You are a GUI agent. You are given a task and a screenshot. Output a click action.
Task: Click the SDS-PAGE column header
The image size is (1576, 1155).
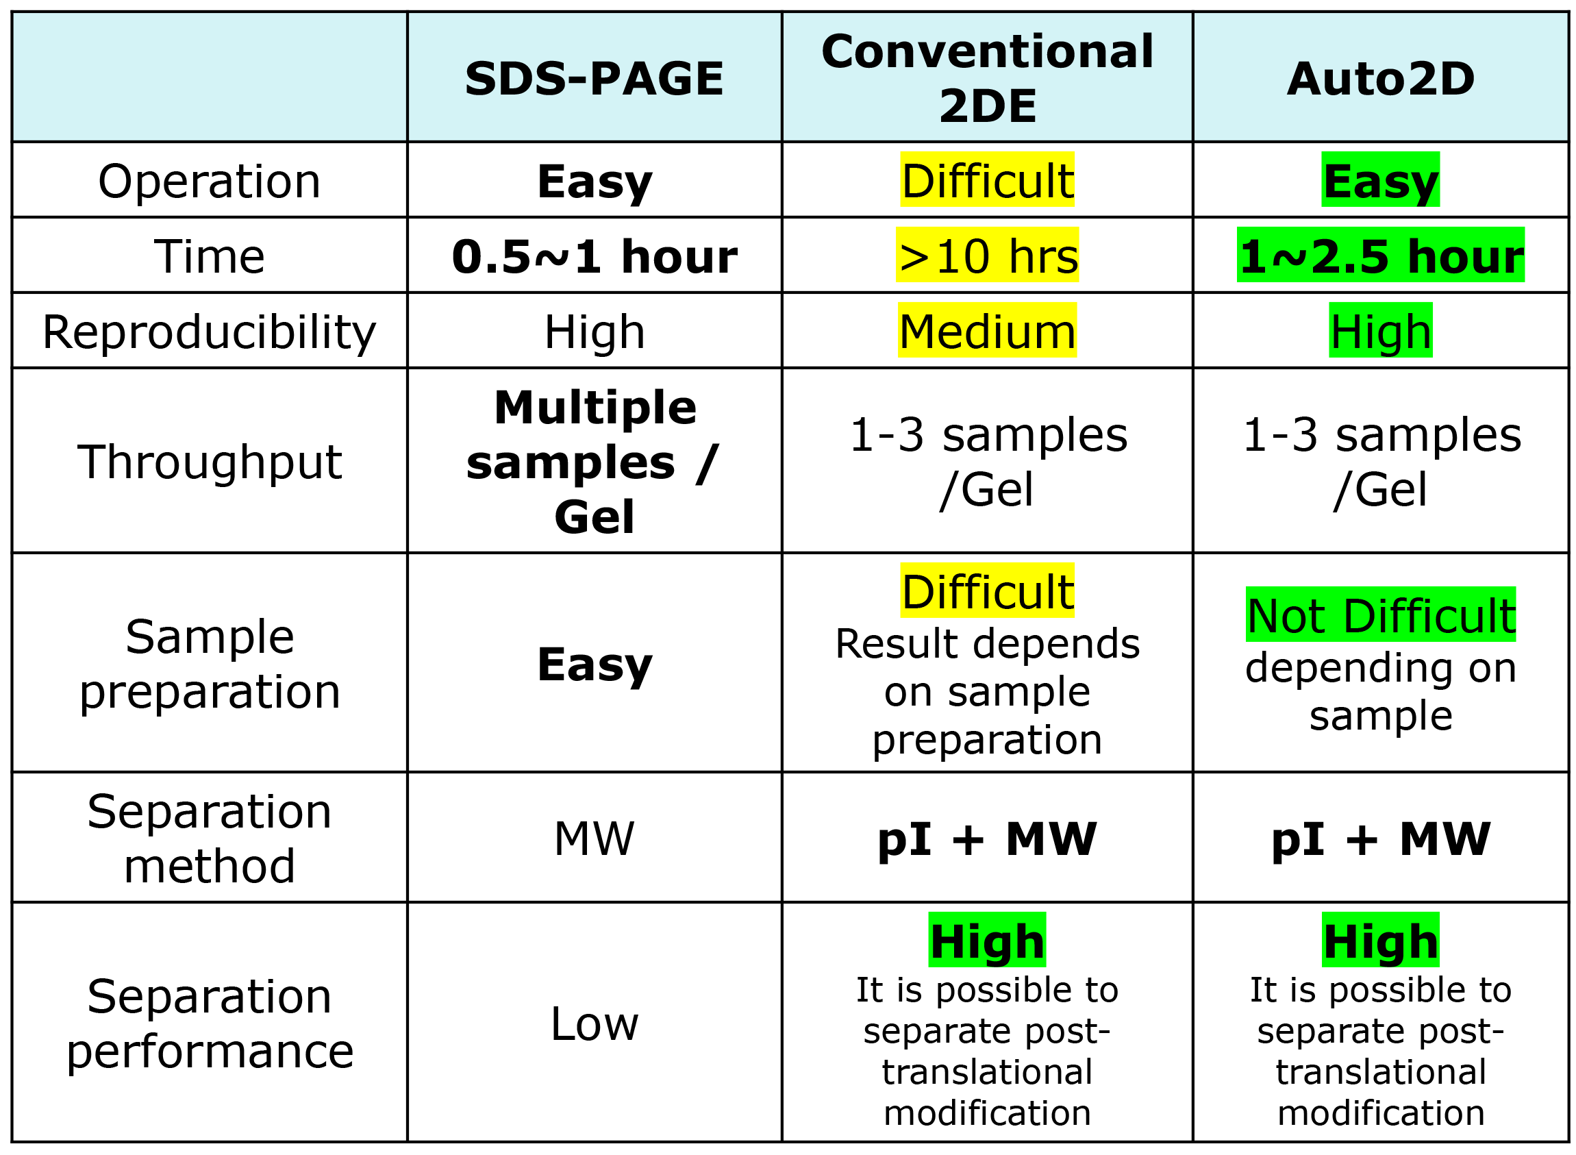click(594, 78)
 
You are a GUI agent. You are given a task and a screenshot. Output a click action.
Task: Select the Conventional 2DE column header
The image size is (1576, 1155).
click(987, 78)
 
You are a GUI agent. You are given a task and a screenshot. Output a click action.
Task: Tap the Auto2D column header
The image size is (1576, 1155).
click(1380, 78)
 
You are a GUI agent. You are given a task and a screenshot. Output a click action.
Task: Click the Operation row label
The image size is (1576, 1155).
click(209, 181)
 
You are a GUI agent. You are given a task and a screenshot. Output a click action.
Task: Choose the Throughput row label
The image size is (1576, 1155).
click(209, 462)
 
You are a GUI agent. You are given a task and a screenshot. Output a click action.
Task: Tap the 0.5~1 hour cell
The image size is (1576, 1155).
click(594, 257)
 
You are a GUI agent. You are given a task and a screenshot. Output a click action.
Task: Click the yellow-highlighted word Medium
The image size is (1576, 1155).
click(987, 330)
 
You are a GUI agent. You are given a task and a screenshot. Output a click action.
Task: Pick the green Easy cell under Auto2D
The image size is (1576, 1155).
click(1380, 179)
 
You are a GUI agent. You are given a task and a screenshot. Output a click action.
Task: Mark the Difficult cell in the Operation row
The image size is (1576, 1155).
click(987, 179)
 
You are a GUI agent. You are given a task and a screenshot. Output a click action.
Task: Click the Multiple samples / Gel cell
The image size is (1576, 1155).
click(594, 462)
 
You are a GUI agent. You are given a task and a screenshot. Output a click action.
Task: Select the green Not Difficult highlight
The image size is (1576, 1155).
click(1380, 614)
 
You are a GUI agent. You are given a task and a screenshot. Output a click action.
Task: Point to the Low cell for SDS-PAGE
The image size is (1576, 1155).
click(594, 1023)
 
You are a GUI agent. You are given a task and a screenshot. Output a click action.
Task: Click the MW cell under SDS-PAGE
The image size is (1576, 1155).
click(594, 839)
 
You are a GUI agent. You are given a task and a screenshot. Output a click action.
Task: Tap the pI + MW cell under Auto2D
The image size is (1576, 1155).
click(1380, 839)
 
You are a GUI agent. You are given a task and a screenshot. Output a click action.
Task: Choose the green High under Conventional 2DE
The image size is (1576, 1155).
click(987, 940)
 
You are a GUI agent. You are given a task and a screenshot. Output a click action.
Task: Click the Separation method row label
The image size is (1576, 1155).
click(209, 839)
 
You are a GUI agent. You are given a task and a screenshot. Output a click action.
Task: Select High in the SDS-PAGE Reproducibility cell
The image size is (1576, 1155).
click(594, 332)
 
